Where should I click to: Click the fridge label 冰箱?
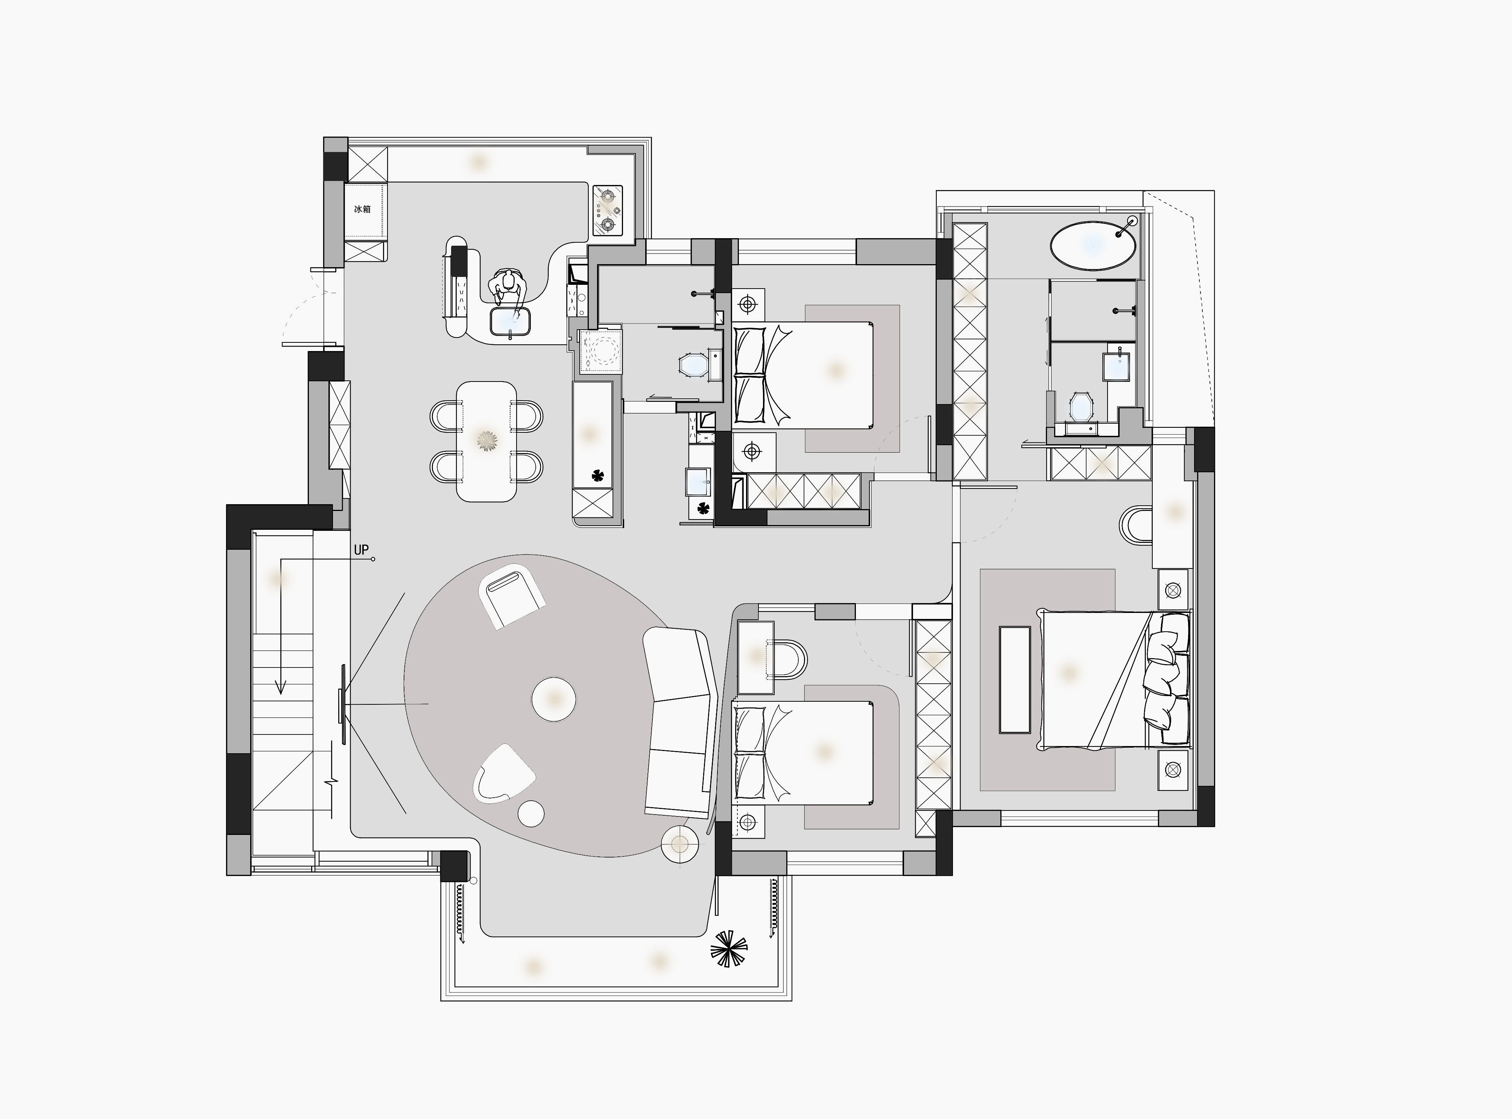tap(362, 209)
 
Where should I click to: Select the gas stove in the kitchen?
tap(608, 211)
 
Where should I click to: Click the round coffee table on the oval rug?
tap(554, 698)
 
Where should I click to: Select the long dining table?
tap(486, 442)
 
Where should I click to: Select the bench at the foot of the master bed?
tap(1015, 680)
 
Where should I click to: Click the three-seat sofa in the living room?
tap(679, 721)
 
